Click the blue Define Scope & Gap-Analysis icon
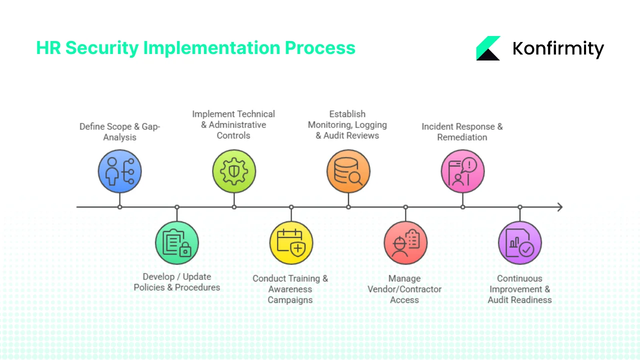click(119, 171)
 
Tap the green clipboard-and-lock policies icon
click(177, 243)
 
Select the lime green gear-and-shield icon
click(234, 171)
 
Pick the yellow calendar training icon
click(291, 243)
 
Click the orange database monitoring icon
click(348, 171)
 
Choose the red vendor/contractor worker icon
click(405, 243)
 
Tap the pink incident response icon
click(462, 171)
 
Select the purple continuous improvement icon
click(520, 243)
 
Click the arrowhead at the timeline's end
click(559, 207)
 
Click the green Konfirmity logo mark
click(488, 48)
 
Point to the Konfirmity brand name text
click(558, 49)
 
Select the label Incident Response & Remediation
click(462, 132)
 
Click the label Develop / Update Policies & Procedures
click(177, 282)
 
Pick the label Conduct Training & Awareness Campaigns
click(290, 289)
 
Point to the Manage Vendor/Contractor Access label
click(404, 289)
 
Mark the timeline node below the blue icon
click(119, 207)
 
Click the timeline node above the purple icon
click(520, 207)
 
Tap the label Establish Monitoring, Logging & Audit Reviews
click(347, 125)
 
